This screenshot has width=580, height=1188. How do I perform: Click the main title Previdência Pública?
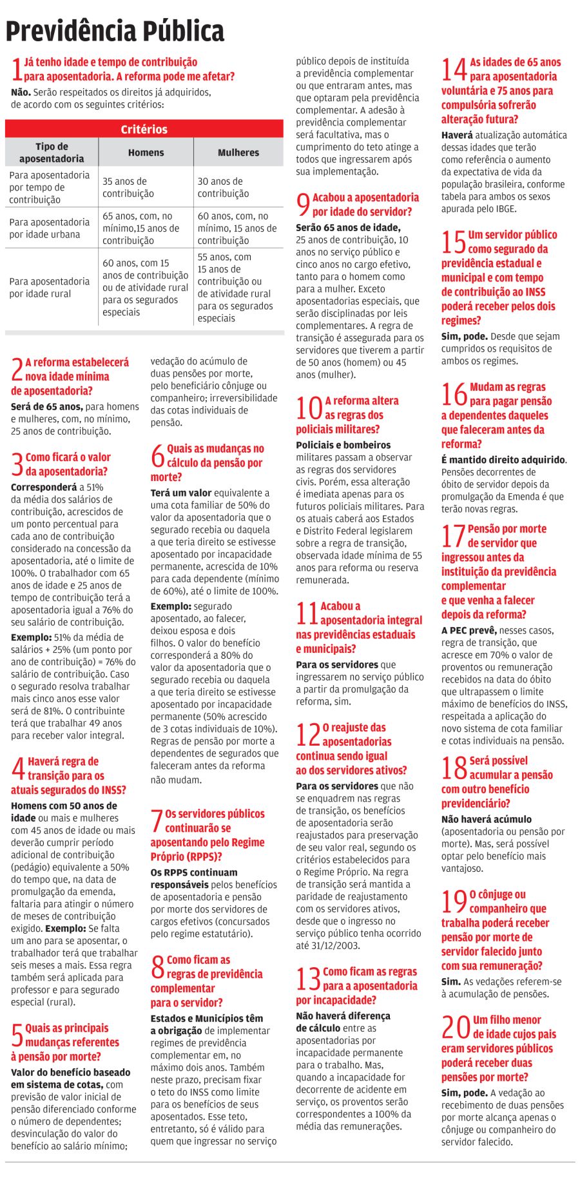tap(115, 30)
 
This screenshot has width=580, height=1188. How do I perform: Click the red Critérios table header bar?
tap(144, 129)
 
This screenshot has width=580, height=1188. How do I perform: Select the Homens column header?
tap(146, 153)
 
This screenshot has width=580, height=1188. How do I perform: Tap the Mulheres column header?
tap(238, 153)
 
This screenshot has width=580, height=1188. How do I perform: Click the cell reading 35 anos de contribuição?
tap(128, 187)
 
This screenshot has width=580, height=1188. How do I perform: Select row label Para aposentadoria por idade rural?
tap(50, 287)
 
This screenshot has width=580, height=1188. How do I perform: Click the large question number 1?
tap(17, 69)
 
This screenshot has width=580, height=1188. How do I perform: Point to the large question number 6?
tap(157, 457)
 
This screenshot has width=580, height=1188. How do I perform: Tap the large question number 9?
tap(303, 205)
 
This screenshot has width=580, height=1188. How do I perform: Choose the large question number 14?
tap(454, 70)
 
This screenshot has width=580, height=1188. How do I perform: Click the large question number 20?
tap(456, 1027)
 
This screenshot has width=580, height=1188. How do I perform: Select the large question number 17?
tap(454, 536)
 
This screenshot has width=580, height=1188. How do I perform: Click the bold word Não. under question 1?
tap(21, 92)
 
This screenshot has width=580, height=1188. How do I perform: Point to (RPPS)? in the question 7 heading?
tap(205, 856)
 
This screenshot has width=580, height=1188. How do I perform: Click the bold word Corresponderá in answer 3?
tap(44, 487)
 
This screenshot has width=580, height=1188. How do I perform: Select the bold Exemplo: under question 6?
tap(171, 606)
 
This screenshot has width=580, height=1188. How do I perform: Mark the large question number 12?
tap(308, 735)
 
